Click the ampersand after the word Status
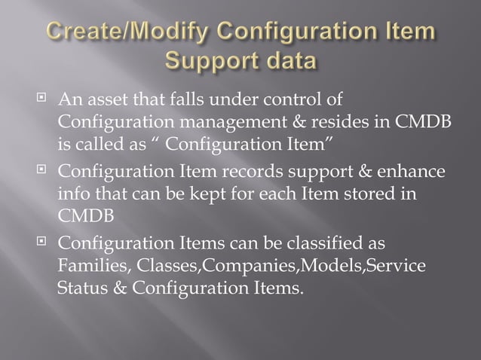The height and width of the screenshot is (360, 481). coord(116,287)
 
